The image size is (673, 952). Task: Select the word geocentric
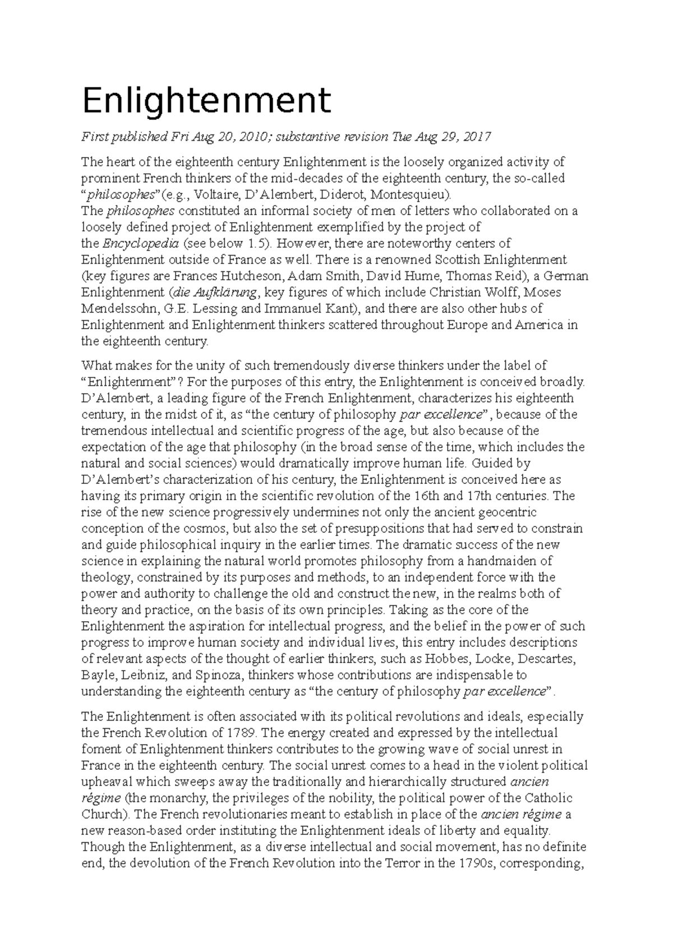click(x=507, y=512)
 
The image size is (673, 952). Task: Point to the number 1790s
click(x=475, y=863)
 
